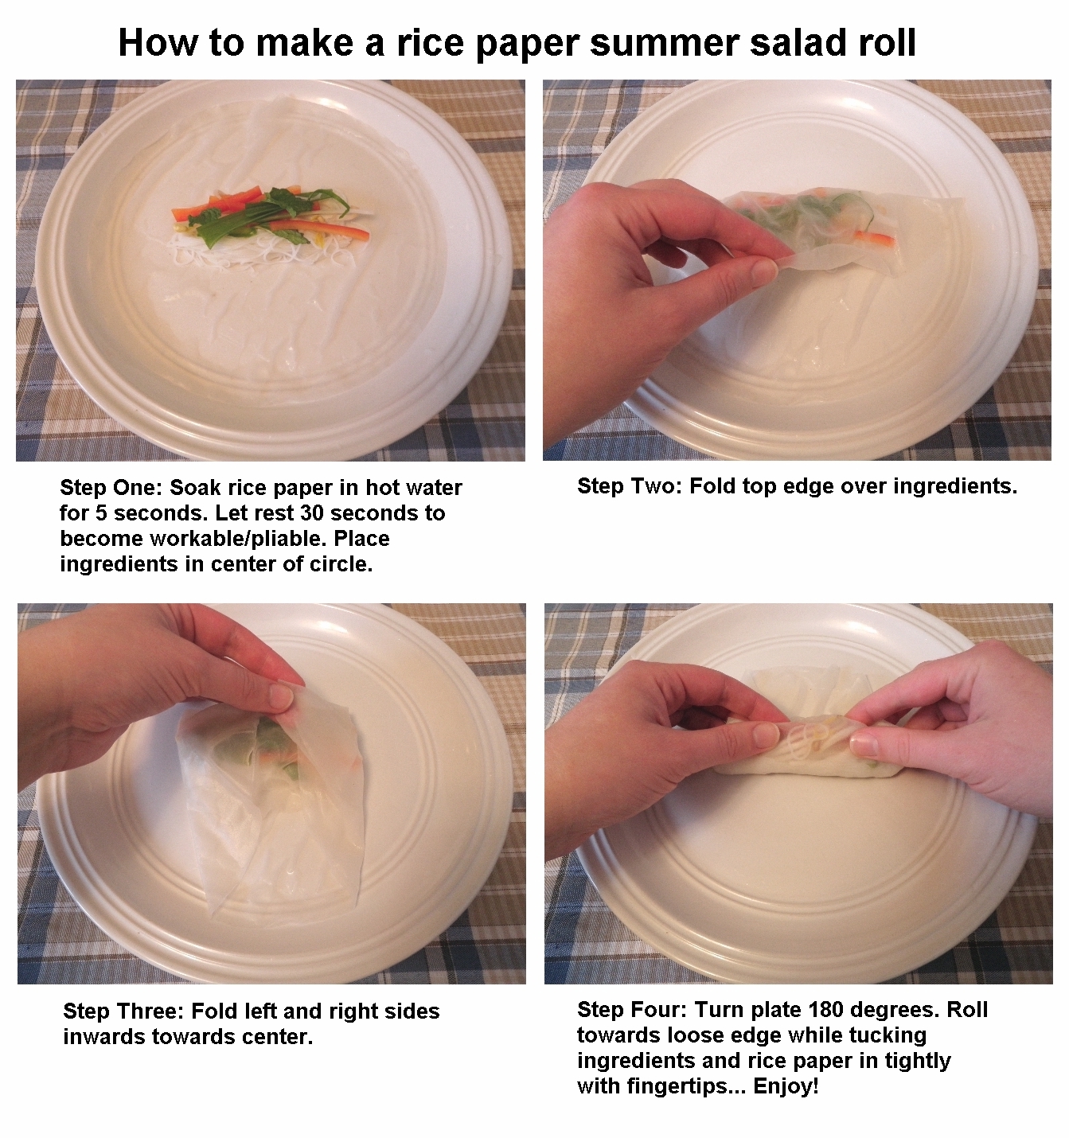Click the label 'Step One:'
111,488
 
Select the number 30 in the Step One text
312,512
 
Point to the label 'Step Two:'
629,486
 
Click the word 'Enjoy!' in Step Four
786,1085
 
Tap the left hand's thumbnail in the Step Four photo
764,734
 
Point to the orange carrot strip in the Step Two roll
873,237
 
